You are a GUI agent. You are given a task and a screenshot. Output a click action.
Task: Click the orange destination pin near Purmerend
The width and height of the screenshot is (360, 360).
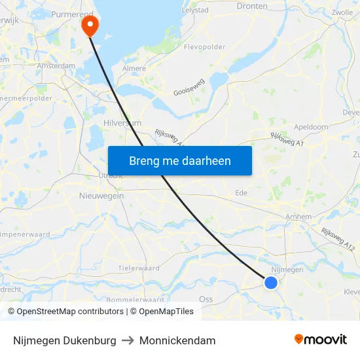(x=89, y=25)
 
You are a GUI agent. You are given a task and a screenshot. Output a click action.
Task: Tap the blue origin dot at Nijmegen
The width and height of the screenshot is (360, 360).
(x=271, y=283)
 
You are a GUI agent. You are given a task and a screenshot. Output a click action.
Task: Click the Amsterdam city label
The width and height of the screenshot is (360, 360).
(x=56, y=65)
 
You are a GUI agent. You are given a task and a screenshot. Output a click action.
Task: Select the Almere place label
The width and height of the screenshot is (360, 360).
(x=134, y=68)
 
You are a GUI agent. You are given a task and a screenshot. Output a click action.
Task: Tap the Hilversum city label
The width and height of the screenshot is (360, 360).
(x=122, y=122)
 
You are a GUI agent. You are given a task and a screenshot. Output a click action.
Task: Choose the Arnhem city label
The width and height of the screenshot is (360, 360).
(x=298, y=217)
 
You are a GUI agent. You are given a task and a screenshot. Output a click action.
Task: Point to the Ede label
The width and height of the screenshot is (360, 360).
(x=242, y=193)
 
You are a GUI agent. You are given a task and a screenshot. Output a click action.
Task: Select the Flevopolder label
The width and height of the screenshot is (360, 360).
(x=204, y=47)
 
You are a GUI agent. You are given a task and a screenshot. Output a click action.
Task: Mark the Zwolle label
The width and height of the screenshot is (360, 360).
(x=342, y=12)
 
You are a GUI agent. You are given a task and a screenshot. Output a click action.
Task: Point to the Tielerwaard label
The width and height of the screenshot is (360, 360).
(x=139, y=268)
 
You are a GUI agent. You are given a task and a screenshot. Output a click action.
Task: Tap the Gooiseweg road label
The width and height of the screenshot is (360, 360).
(x=189, y=89)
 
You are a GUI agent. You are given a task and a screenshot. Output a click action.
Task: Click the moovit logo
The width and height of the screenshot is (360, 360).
(x=320, y=340)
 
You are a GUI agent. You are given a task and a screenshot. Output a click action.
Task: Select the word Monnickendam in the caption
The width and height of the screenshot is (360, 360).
(x=177, y=340)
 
